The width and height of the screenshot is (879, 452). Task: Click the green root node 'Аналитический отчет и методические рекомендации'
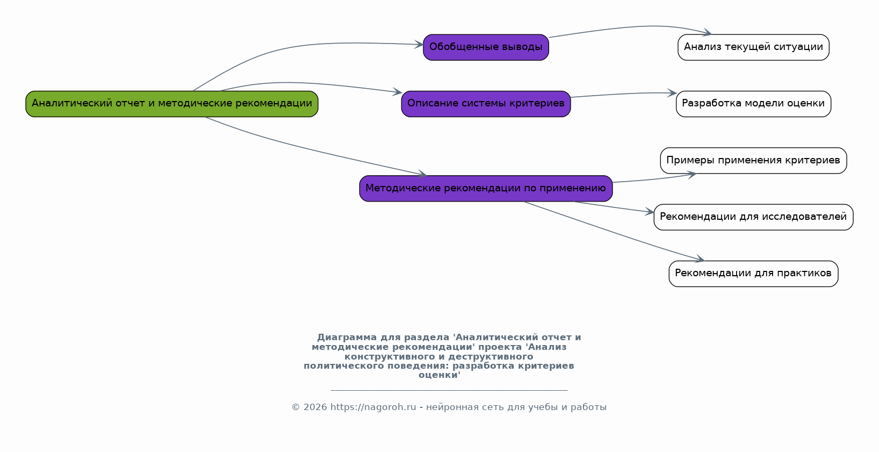point(172,104)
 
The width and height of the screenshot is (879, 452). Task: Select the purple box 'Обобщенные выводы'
point(486,47)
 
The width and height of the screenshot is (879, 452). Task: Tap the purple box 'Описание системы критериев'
point(486,104)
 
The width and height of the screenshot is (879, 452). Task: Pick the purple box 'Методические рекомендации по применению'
point(486,189)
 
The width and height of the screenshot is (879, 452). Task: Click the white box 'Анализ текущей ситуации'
point(753,47)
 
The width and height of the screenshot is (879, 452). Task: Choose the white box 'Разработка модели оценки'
point(753,104)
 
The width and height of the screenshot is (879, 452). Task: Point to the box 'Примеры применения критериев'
point(753,160)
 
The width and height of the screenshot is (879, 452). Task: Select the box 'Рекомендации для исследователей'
point(753,217)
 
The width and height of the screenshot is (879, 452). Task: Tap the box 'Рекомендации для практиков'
point(753,274)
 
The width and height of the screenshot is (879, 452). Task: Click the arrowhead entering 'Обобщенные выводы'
point(419,45)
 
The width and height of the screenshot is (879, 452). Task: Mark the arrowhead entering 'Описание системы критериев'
point(397,92)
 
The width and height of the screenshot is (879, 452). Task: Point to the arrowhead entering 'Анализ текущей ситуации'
point(707,33)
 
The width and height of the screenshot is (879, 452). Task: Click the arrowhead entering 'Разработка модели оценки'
point(672,93)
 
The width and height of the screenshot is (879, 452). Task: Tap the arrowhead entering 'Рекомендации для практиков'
point(700,259)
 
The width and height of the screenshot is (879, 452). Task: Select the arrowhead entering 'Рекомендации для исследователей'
point(650,212)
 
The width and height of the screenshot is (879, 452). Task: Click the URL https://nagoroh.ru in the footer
point(373,407)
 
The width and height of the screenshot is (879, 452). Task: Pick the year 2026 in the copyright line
point(315,407)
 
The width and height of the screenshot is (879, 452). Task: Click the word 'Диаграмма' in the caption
point(347,338)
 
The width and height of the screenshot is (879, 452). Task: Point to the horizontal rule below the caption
point(449,390)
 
